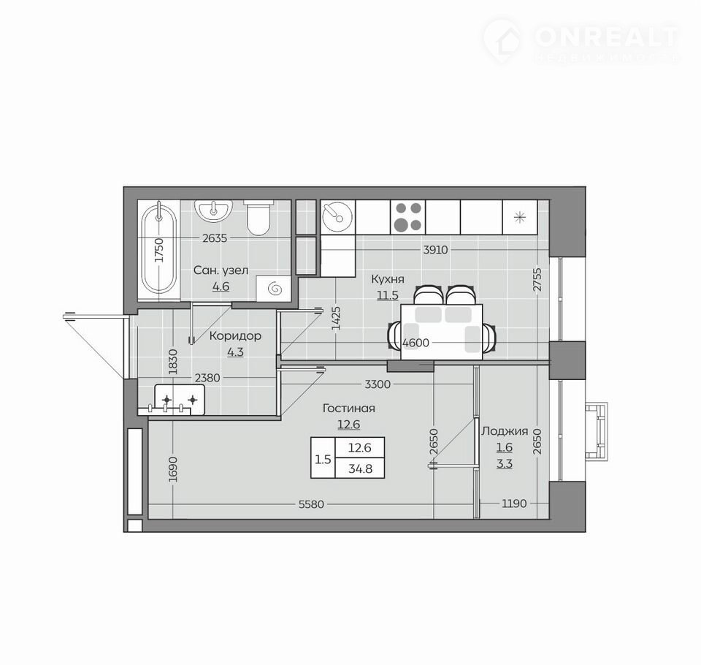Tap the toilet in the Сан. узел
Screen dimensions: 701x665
(x=258, y=218)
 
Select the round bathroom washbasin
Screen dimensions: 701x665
(x=214, y=210)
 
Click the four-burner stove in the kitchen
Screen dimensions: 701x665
(x=407, y=216)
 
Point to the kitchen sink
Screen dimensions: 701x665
(x=337, y=216)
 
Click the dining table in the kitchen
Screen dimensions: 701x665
(x=442, y=332)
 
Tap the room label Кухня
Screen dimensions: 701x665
(x=388, y=279)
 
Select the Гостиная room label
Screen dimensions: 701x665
(x=349, y=408)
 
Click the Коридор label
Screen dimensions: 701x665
(x=235, y=335)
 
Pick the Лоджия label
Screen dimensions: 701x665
(x=505, y=431)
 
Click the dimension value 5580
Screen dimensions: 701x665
(x=311, y=504)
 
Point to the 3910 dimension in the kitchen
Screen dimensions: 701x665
(x=435, y=250)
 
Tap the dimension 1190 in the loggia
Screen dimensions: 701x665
(x=514, y=503)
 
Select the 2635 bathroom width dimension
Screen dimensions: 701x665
(x=215, y=238)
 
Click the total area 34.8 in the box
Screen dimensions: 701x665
(x=360, y=469)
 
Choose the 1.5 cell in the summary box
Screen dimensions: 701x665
(x=323, y=459)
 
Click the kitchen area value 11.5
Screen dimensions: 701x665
(x=388, y=295)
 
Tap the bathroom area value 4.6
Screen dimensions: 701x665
(x=221, y=286)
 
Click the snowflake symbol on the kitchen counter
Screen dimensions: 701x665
(x=519, y=218)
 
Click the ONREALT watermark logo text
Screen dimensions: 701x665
(x=607, y=37)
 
